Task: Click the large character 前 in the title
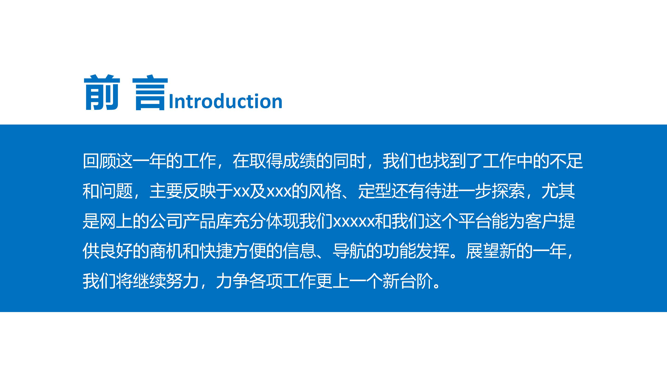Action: point(102,92)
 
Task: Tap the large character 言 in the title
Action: point(150,92)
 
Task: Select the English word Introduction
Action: point(225,101)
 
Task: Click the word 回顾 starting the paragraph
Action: point(99,161)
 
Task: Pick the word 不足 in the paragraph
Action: point(566,161)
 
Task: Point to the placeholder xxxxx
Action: point(354,222)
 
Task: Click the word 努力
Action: point(182,281)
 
